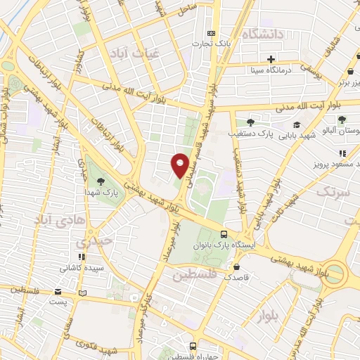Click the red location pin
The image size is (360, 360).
coord(180,165)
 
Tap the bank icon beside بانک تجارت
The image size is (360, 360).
coord(211,34)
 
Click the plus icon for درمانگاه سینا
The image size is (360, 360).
coord(271,58)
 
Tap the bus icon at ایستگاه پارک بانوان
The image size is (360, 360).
coord(224,234)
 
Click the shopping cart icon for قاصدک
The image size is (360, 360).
coord(238,267)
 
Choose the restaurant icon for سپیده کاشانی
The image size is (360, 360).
coord(82,257)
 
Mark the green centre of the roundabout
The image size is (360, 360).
coord(335,272)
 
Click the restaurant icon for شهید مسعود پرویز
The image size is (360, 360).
coord(342,153)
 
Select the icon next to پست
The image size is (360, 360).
coord(83,292)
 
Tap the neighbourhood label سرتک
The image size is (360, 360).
coord(333,191)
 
